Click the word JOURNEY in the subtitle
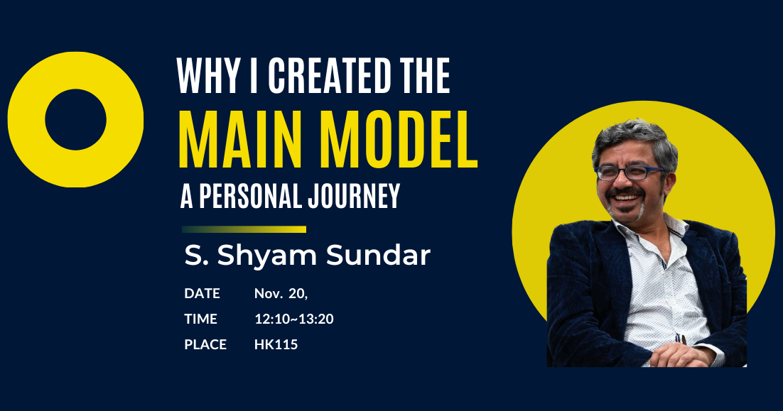click(354, 196)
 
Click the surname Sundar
click(378, 256)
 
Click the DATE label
click(202, 293)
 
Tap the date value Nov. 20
click(281, 294)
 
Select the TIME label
click(200, 319)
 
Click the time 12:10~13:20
click(293, 319)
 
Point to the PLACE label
click(205, 344)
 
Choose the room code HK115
click(276, 344)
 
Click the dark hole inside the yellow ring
click(75, 120)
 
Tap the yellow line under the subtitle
click(244, 229)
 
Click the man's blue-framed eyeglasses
click(630, 172)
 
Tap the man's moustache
click(626, 192)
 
